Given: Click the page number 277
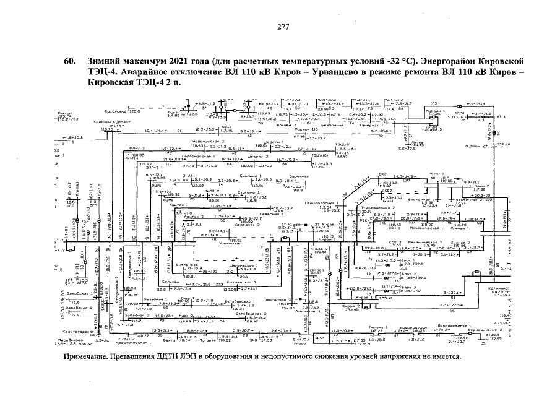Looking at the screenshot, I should coord(283,27).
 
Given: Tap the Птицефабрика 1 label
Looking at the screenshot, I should coord(335,202).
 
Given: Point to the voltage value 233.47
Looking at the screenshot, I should coord(385,298).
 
